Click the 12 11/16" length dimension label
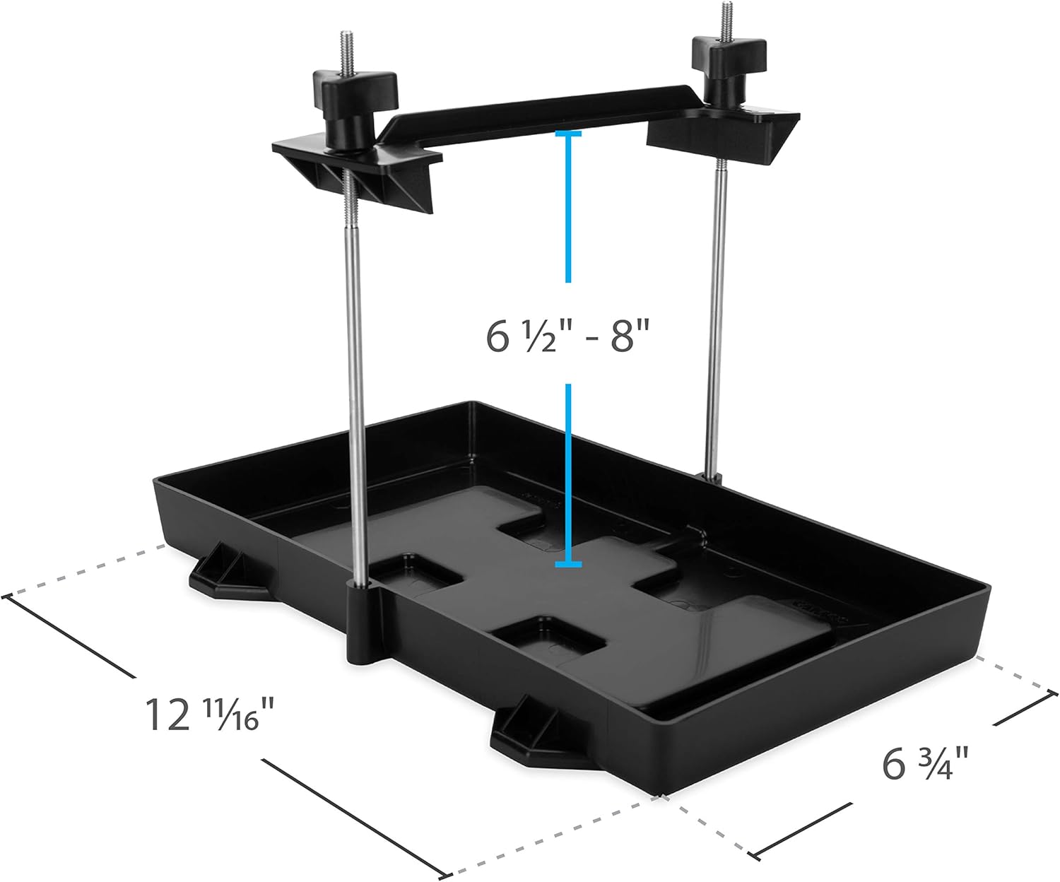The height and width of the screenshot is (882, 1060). (209, 715)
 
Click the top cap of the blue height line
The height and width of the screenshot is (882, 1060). (568, 133)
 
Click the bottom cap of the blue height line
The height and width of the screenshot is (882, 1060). (568, 564)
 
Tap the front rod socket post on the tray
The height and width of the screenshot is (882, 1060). (364, 622)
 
